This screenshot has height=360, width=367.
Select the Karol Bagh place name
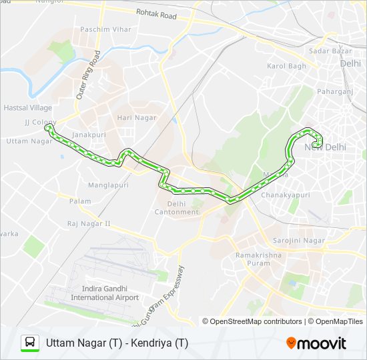click(x=286, y=66)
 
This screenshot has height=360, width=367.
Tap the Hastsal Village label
click(x=27, y=107)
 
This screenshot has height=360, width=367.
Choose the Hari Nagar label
click(x=137, y=118)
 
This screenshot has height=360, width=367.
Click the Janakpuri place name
click(x=89, y=134)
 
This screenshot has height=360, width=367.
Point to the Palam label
click(x=80, y=201)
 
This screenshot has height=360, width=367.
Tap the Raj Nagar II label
click(x=89, y=224)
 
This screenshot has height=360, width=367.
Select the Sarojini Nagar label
click(x=299, y=240)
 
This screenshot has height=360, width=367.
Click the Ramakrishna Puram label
click(x=259, y=259)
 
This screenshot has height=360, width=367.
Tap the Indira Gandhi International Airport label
click(x=110, y=293)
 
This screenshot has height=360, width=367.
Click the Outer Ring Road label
click(x=87, y=75)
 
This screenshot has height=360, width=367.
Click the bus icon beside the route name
click(x=30, y=343)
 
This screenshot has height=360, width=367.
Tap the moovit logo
click(x=316, y=343)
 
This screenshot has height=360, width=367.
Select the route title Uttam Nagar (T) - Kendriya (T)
click(x=117, y=343)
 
